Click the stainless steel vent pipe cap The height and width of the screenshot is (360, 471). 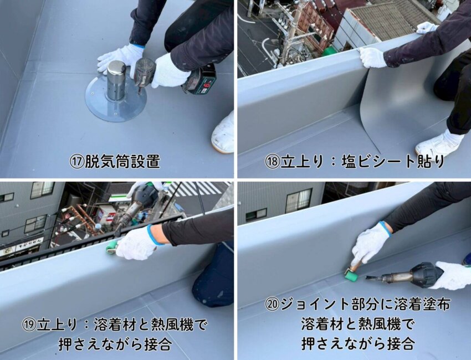pyautogui.click(x=116, y=80)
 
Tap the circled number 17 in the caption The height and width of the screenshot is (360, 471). pyautogui.click(x=77, y=162)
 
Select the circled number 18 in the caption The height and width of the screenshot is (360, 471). pyautogui.click(x=272, y=162)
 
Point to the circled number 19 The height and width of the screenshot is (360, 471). pyautogui.click(x=29, y=325)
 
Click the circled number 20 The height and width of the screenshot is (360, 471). pyautogui.click(x=272, y=305)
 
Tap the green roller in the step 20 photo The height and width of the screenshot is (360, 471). pyautogui.click(x=351, y=274)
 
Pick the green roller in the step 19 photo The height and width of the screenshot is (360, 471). pyautogui.click(x=111, y=248)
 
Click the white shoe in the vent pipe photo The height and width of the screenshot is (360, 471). pyautogui.click(x=223, y=133)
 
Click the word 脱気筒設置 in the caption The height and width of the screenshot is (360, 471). pyautogui.click(x=122, y=162)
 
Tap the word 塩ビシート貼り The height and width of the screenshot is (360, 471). pyautogui.click(x=393, y=162)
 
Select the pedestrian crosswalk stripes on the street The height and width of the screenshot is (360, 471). pyautogui.click(x=195, y=188)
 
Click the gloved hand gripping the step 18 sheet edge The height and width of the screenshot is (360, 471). pyautogui.click(x=372, y=57)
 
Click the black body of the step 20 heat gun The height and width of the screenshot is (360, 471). pyautogui.click(x=427, y=274)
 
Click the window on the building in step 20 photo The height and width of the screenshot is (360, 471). pyautogui.click(x=298, y=200)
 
